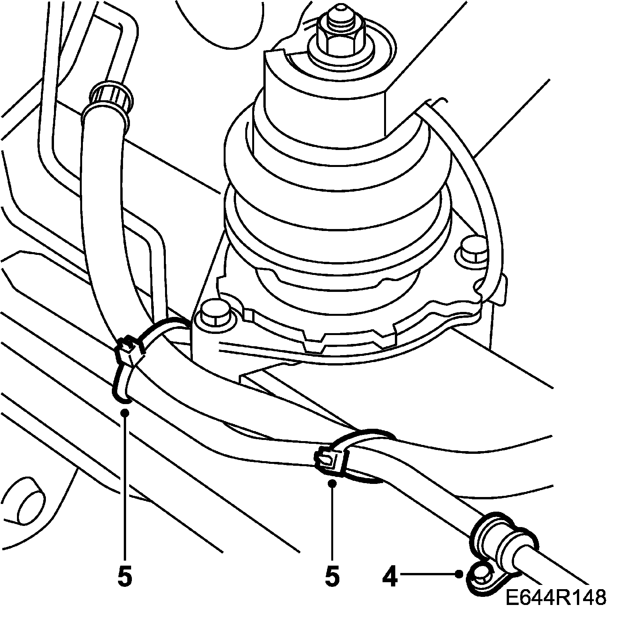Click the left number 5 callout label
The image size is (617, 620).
pos(125,577)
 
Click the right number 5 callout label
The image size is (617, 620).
pos(332,577)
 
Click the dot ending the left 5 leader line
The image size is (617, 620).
pos(125,413)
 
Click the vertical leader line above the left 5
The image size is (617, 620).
pos(125,482)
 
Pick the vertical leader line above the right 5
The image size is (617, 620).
pos(332,521)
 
